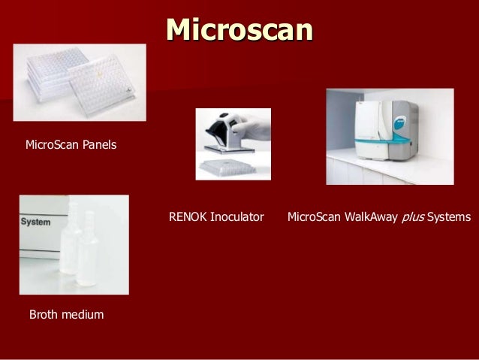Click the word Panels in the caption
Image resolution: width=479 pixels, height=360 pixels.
[98, 144]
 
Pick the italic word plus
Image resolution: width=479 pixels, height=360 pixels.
[413, 217]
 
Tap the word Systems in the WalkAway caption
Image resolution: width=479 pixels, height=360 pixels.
[449, 217]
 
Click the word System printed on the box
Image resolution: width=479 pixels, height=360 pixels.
[35, 223]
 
